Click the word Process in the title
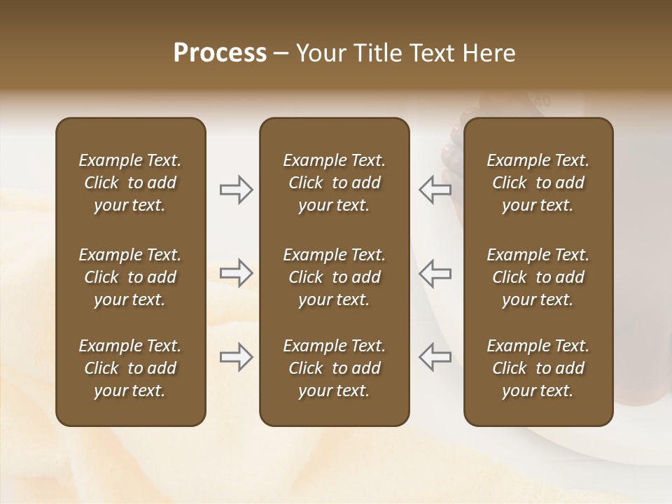click(x=220, y=53)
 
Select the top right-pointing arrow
click(x=236, y=190)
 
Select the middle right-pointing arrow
click(x=236, y=272)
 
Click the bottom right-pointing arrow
click(x=236, y=357)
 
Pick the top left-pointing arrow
click(x=435, y=190)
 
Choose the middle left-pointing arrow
click(x=435, y=272)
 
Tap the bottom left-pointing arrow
click(x=435, y=357)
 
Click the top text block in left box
click(x=130, y=183)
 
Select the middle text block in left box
click(x=130, y=277)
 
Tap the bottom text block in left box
click(x=130, y=368)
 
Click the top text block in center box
click(x=334, y=183)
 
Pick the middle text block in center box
click(x=334, y=277)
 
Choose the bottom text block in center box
click(x=334, y=368)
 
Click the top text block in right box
click(x=538, y=183)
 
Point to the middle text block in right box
click(x=538, y=277)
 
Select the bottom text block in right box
click(x=538, y=368)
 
